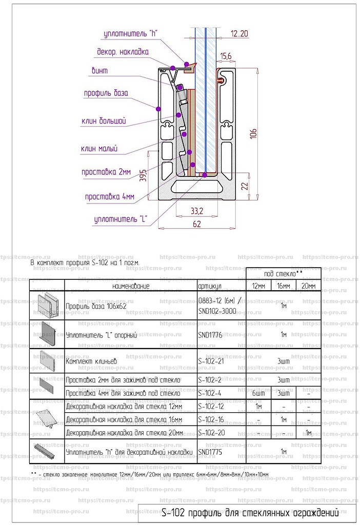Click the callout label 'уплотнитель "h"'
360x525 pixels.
tap(130, 34)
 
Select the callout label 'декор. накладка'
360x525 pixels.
tap(123, 52)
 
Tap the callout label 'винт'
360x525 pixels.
tap(99, 71)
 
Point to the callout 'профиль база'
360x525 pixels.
tap(106, 93)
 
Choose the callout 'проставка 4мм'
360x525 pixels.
tap(109, 197)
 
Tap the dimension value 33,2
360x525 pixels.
tap(196, 211)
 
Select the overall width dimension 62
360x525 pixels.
tap(197, 224)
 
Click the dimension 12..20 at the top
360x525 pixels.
tap(239, 34)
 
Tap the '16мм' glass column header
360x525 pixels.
tap(283, 286)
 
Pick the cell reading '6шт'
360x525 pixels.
tap(258, 393)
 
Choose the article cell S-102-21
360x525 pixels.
tap(211, 361)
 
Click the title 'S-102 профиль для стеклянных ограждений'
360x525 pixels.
tap(250, 512)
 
